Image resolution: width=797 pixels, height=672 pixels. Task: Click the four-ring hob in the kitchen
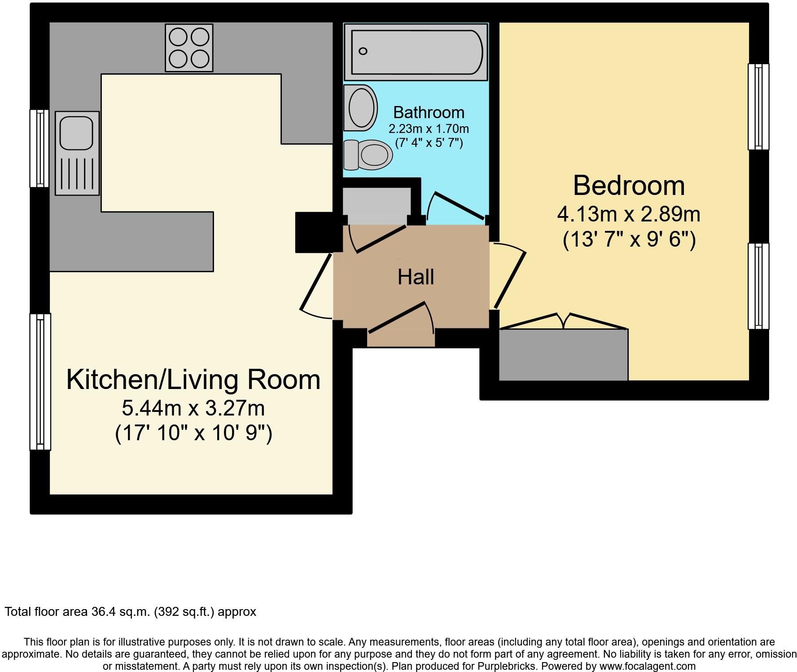[x=189, y=48]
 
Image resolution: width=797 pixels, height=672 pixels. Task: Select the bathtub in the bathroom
[x=416, y=52]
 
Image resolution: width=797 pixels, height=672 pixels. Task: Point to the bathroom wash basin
[x=360, y=108]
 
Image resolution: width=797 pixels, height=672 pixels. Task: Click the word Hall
[x=416, y=277]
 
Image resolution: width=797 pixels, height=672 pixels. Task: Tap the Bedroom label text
[x=629, y=186]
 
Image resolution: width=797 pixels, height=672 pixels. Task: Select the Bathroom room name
[x=429, y=112]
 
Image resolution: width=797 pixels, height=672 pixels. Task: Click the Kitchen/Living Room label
[x=193, y=380]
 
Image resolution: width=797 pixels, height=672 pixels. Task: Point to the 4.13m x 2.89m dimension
[x=629, y=214]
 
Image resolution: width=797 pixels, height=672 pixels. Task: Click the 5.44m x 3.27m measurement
[x=193, y=408]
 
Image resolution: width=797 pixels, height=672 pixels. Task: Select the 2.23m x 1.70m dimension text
[x=429, y=129]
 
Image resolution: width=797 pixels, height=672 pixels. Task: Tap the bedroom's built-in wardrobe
[x=563, y=355]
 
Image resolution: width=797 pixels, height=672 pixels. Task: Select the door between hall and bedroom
[x=509, y=279]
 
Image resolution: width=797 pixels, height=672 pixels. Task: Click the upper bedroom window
[x=758, y=106]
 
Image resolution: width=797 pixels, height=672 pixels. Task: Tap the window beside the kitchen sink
[x=39, y=148]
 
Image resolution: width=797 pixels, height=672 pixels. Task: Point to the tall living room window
[x=40, y=381]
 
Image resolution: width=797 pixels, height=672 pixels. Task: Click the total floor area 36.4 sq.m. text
[x=130, y=612]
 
